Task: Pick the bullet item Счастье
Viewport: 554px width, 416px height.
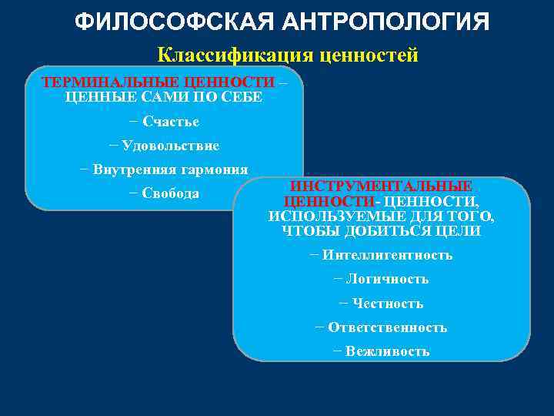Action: click(x=171, y=122)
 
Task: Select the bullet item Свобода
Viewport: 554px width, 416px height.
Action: click(x=171, y=193)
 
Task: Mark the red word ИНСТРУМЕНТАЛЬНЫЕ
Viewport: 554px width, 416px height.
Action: click(x=381, y=186)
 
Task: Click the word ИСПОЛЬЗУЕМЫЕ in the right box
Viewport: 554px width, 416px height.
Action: click(x=318, y=216)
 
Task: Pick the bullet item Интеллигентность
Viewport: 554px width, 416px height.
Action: click(x=387, y=255)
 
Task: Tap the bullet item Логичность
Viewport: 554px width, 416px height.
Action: click(x=387, y=279)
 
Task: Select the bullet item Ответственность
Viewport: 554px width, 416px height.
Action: click(x=387, y=327)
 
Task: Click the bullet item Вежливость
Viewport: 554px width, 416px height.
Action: click(x=387, y=351)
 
